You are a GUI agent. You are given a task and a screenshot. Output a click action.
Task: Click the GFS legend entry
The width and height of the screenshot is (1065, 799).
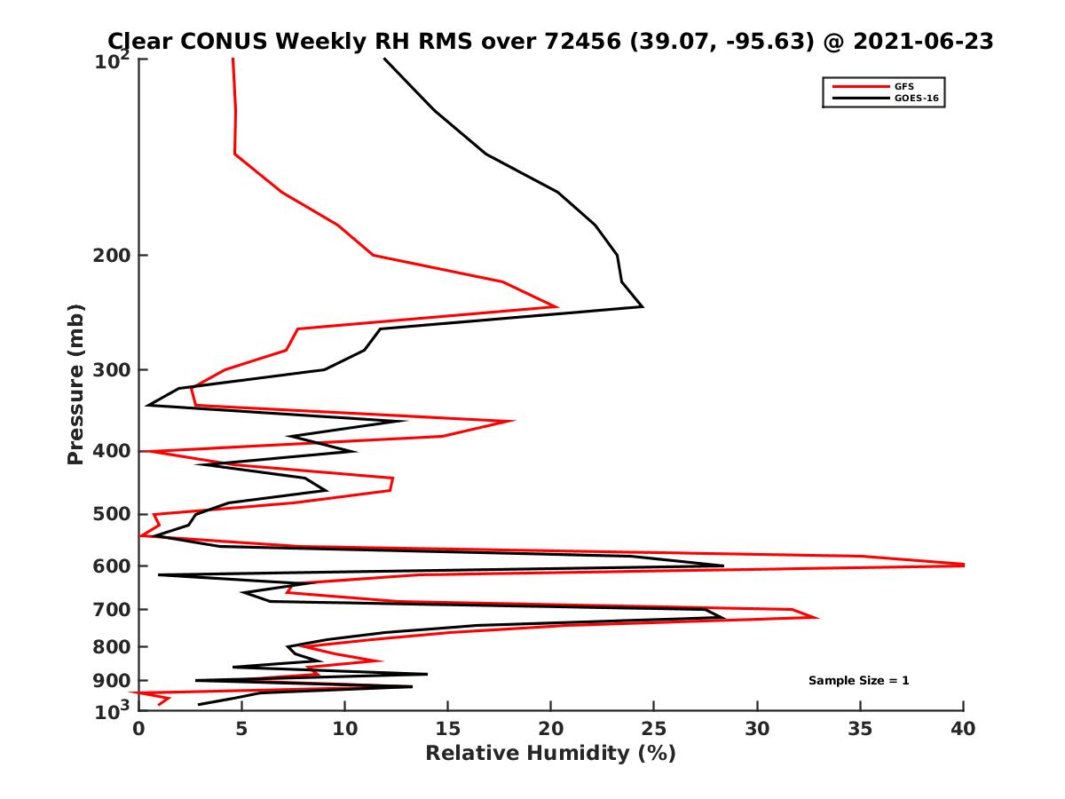906,86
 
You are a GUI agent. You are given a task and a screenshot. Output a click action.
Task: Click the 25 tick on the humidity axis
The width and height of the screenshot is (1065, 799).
654,730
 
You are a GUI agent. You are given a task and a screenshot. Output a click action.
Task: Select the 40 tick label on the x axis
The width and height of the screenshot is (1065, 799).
963,730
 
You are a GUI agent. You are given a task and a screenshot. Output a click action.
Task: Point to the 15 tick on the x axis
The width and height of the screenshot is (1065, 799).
447,730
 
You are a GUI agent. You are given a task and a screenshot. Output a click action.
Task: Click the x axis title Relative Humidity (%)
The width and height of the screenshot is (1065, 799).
550,754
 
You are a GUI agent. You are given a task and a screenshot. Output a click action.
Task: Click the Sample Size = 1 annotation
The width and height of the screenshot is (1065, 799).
858,681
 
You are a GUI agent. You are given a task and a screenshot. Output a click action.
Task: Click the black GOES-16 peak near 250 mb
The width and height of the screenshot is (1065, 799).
642,306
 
